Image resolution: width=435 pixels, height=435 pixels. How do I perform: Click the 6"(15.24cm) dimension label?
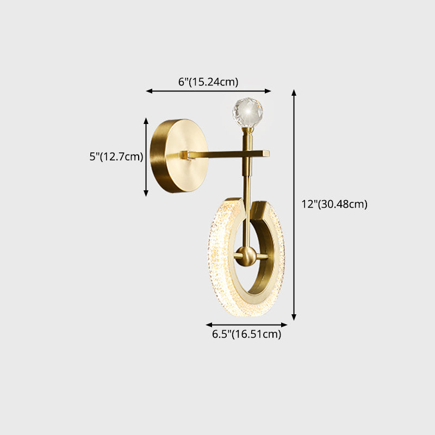[208, 82]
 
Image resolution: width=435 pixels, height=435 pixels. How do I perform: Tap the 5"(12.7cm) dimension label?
[116, 157]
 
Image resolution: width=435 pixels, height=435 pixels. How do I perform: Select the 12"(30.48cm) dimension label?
[334, 204]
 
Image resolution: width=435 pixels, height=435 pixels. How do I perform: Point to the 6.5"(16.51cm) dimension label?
[246, 334]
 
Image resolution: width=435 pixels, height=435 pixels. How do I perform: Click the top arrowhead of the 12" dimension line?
[294, 92]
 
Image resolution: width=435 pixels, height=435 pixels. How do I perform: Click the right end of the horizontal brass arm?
[266, 154]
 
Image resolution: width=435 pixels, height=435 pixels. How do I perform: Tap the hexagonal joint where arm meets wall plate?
[187, 156]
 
